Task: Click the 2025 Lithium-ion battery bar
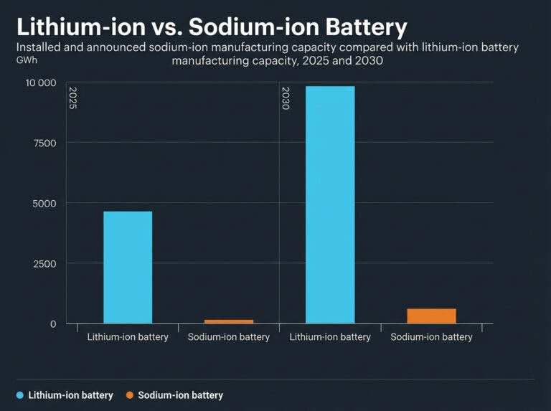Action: click(128, 268)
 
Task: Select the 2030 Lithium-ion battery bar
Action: click(330, 205)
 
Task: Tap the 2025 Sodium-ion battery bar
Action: click(229, 321)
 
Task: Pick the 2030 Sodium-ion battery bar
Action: click(432, 316)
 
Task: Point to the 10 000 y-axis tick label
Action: click(40, 82)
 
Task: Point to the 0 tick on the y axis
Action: click(52, 323)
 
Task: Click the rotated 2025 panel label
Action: click(72, 98)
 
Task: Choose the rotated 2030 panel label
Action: click(286, 98)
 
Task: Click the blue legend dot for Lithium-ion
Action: click(19, 395)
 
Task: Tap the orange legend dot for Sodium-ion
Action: click(129, 395)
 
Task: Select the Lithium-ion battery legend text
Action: click(70, 395)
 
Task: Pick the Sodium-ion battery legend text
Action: click(180, 395)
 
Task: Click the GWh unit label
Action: click(27, 60)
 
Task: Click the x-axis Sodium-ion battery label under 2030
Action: click(432, 337)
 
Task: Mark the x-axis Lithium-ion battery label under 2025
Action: click(128, 337)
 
